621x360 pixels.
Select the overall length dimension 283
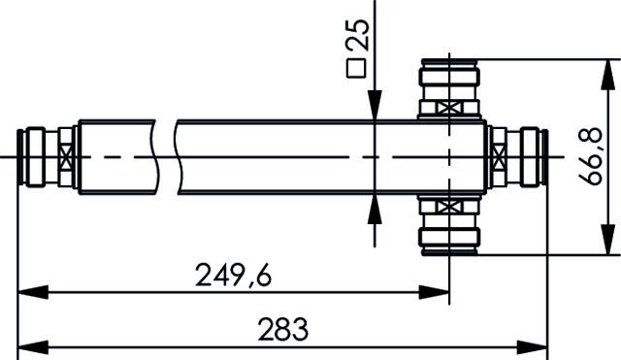283,329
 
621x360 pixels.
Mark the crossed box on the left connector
66,156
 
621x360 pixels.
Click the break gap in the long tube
165,155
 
